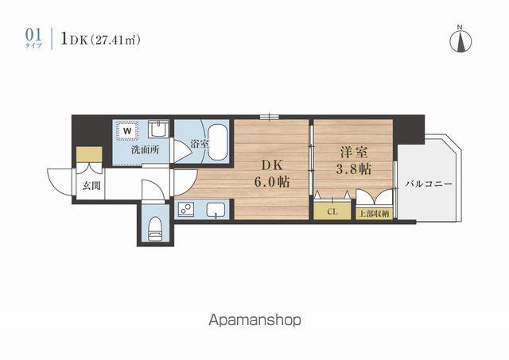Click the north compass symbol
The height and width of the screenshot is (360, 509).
460,41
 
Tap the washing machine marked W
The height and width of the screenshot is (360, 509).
127,131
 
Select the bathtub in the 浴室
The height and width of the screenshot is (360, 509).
217,143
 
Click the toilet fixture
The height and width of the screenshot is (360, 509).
155,228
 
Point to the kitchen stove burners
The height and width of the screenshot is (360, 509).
186,208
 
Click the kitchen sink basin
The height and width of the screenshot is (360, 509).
216,209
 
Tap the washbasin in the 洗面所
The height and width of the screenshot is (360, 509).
158,129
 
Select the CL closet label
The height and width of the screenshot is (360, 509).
332,211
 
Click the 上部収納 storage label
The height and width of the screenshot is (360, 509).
375,214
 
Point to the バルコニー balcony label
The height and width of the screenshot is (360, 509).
429,184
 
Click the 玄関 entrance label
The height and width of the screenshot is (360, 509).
91,186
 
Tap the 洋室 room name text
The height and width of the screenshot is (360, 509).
354,152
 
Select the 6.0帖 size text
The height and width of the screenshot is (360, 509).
272,182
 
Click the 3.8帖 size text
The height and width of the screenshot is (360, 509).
354,169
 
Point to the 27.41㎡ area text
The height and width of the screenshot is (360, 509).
115,41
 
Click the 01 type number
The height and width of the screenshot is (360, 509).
33,35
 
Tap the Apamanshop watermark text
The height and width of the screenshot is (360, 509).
254,320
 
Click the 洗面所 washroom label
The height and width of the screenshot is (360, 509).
145,150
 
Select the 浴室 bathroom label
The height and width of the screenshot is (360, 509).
199,143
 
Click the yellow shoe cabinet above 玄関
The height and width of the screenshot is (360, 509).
89,154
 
